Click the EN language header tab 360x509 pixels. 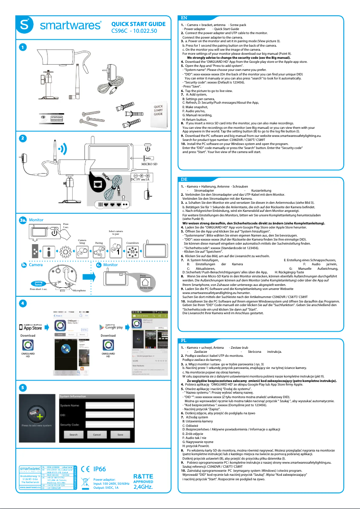[184, 18]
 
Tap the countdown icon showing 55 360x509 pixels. [132, 252]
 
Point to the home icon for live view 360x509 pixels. [146, 281]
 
